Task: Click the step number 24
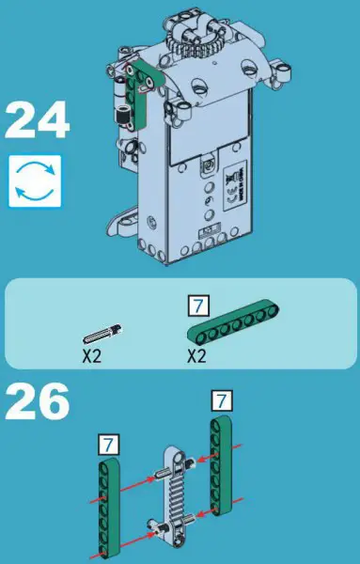coord(38,121)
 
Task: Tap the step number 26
coord(38,401)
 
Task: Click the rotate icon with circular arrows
coord(35,180)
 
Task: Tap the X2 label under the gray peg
coord(90,356)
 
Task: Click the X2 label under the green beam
coord(196,356)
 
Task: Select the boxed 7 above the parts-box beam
coord(196,305)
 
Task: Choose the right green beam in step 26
coord(222,465)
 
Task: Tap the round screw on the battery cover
coord(206,166)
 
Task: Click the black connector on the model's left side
coord(120,119)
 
